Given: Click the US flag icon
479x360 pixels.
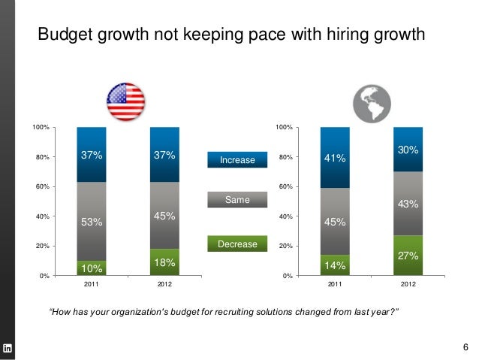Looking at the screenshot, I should pyautogui.click(x=125, y=101).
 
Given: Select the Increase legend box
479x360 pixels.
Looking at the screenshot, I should pyautogui.click(x=237, y=160).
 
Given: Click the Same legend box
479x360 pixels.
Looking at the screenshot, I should pyautogui.click(x=237, y=199).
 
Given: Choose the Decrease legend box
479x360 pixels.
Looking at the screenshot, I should pyautogui.click(x=237, y=245).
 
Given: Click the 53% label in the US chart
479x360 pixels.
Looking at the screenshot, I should pyautogui.click(x=92, y=222).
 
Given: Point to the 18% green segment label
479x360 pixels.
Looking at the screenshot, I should pyautogui.click(x=164, y=262).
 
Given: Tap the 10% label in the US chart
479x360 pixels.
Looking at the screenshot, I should pyautogui.click(x=92, y=268).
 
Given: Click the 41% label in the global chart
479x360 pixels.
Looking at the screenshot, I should pyautogui.click(x=335, y=159).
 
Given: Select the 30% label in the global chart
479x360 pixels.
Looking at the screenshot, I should pyautogui.click(x=408, y=151).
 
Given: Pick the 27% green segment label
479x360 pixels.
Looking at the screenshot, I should pyautogui.click(x=408, y=256).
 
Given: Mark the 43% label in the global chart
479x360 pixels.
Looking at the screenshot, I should pyautogui.click(x=408, y=204).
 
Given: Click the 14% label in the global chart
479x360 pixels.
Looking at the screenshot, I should pyautogui.click(x=335, y=265).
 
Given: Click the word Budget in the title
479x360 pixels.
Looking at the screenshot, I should pyautogui.click(x=64, y=35).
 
